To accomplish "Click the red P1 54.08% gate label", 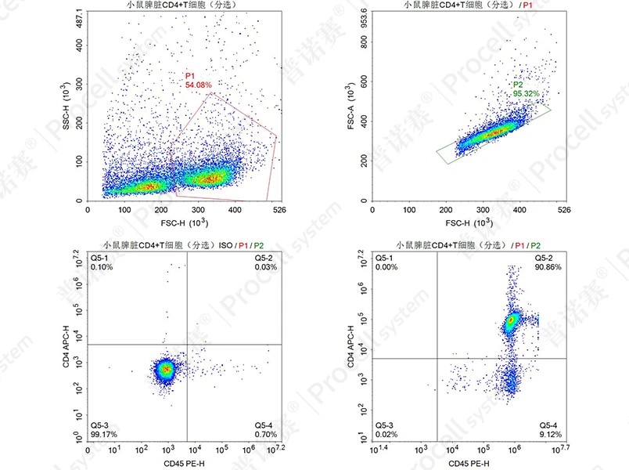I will (198, 79).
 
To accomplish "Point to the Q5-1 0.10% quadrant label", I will (102, 262).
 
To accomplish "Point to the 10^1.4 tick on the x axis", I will (378, 450).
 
